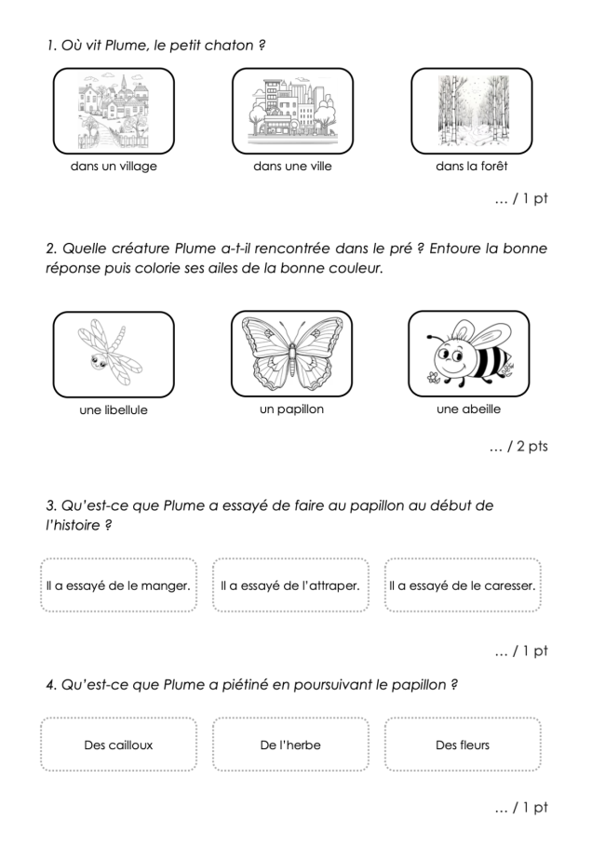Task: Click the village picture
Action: [x=114, y=112]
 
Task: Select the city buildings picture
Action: [x=292, y=112]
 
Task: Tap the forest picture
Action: [x=472, y=112]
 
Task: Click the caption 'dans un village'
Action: [x=114, y=167]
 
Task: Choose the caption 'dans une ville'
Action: [x=292, y=167]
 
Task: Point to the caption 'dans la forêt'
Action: [x=472, y=167]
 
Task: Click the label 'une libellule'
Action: [x=114, y=410]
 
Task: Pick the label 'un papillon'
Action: [x=292, y=409]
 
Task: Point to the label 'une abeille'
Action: [x=469, y=409]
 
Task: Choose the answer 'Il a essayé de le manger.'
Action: [x=118, y=585]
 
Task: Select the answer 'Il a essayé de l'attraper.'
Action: [x=290, y=585]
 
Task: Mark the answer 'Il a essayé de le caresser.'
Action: [x=463, y=585]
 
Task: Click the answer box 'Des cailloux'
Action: [x=118, y=745]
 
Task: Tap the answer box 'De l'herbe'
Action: [x=290, y=745]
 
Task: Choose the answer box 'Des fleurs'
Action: [x=463, y=745]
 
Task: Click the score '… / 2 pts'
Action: [x=518, y=447]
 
